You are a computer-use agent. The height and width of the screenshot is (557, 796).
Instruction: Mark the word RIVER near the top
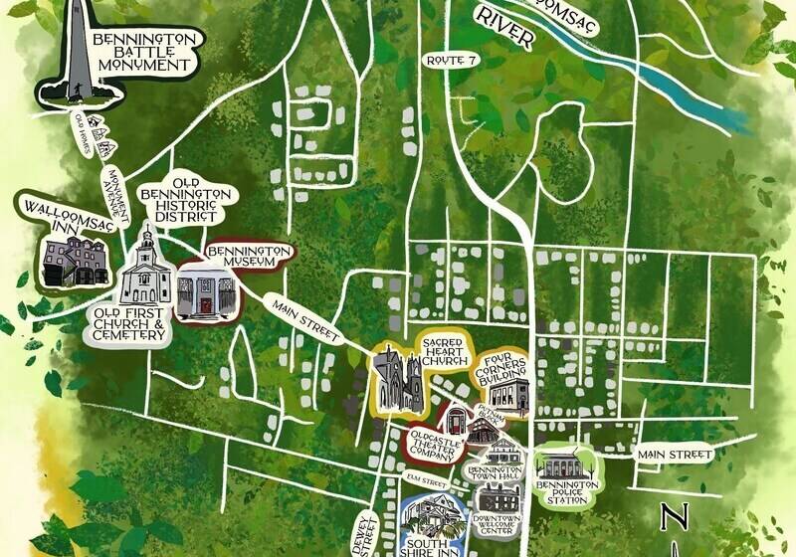tap(504, 29)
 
